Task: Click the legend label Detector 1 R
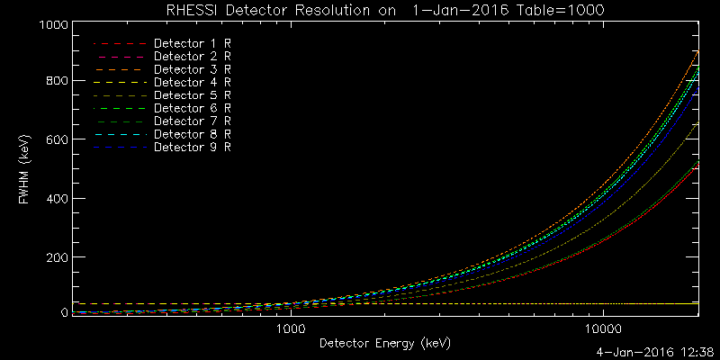coord(193,43)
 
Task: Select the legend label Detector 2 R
coord(193,56)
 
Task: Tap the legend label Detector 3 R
coord(193,68)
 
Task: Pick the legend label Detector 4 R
coord(193,82)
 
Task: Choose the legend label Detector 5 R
coord(193,94)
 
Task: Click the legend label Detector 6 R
coord(193,108)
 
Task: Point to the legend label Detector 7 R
coord(193,121)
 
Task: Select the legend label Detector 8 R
coord(193,133)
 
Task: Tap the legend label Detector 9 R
coord(193,147)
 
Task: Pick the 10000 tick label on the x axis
coord(603,329)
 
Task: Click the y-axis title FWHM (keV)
coord(25,167)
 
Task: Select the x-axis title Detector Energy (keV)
coord(384,343)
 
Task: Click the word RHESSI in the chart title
coord(193,10)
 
